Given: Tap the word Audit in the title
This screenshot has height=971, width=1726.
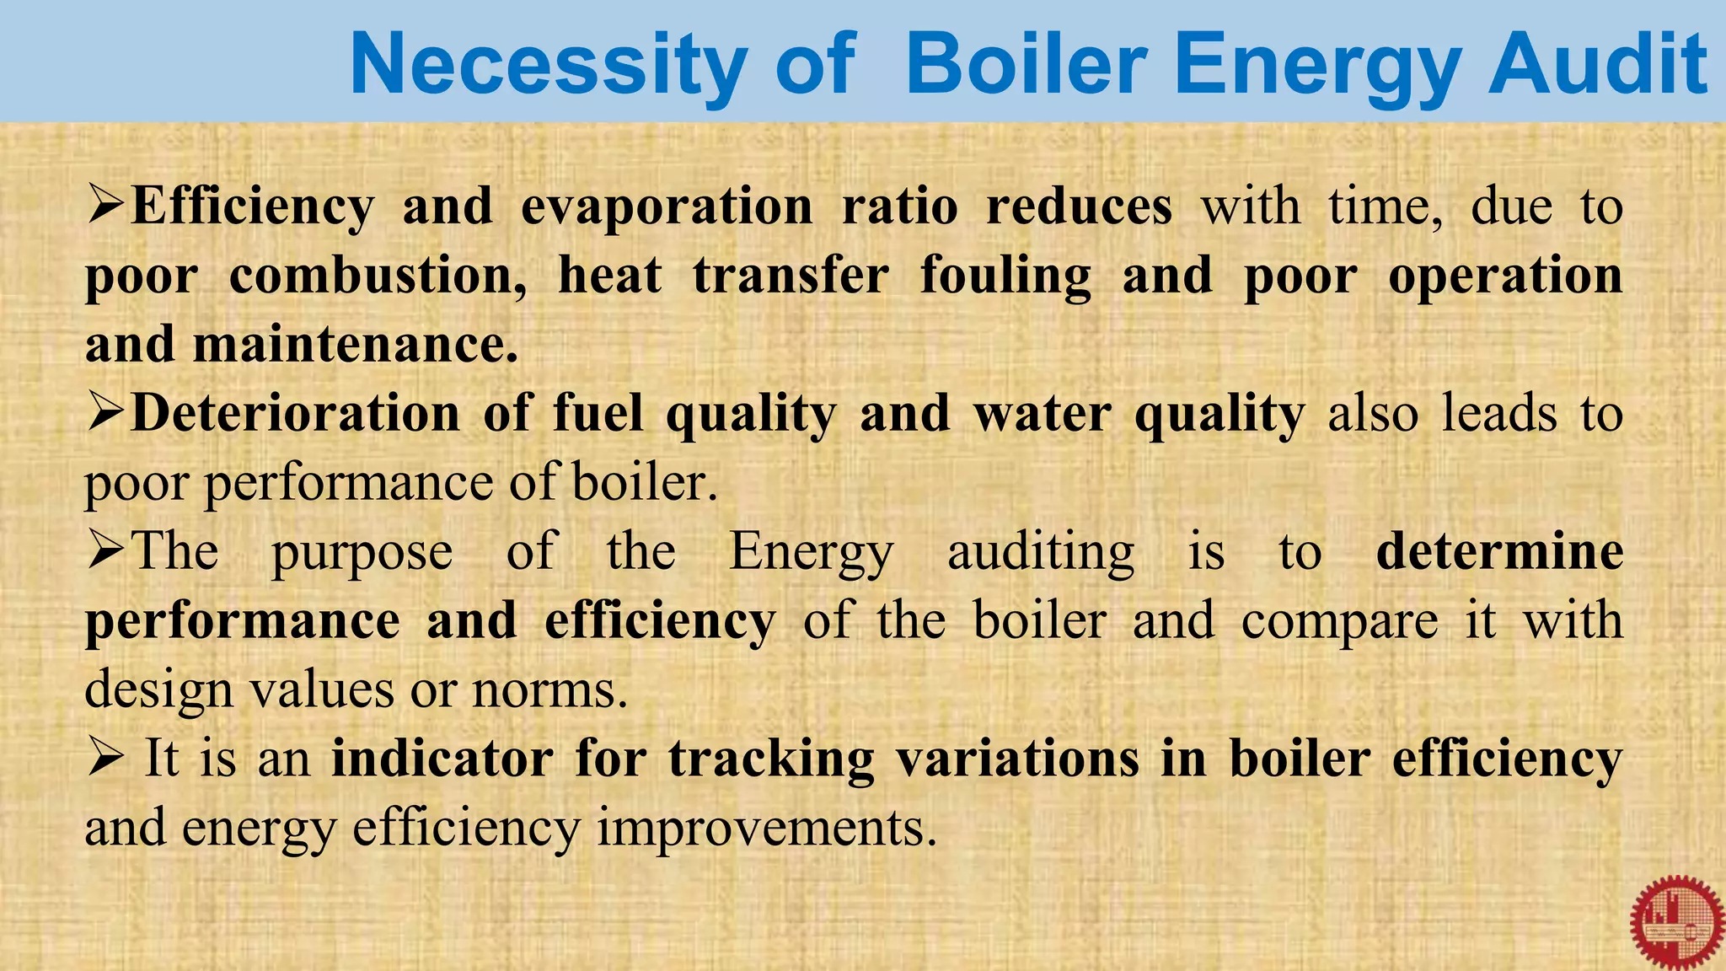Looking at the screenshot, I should click(x=1598, y=64).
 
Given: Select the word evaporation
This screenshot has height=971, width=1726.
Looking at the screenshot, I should click(x=667, y=207).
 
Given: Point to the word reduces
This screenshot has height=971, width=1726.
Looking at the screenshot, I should click(x=1079, y=207).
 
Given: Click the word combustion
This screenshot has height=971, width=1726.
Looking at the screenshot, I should click(x=378, y=276).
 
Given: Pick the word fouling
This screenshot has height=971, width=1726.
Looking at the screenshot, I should click(x=1005, y=276).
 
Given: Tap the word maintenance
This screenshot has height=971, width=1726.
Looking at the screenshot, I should click(x=355, y=346).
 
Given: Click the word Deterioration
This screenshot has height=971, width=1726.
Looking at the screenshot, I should click(x=296, y=414).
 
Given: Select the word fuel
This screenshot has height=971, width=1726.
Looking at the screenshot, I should click(x=598, y=414).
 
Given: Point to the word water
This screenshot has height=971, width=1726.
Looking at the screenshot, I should click(x=1043, y=414).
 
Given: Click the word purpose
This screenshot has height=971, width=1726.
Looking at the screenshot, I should click(x=362, y=553).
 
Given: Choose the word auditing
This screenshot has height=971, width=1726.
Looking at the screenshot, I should click(x=1041, y=553).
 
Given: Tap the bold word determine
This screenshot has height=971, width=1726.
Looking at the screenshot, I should click(x=1499, y=551).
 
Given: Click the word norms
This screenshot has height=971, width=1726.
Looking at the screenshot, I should click(x=549, y=689).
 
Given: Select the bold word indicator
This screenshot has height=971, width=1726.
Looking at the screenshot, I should click(x=442, y=759).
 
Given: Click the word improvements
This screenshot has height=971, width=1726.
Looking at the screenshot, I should click(x=767, y=828).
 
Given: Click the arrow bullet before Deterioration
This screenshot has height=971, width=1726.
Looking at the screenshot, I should click(x=106, y=413).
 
